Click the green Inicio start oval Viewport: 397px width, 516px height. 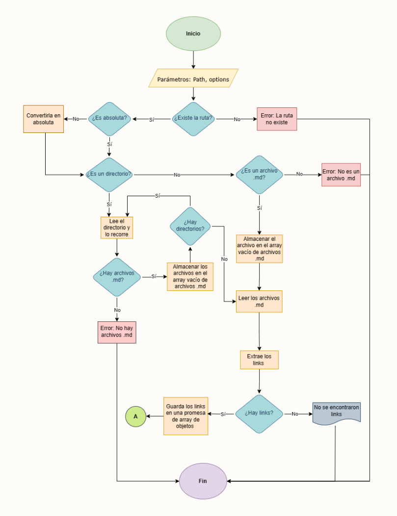[193, 34]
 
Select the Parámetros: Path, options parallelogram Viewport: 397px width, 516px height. [193, 78]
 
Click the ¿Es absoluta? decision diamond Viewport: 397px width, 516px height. [109, 119]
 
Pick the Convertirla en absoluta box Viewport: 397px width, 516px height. [44, 119]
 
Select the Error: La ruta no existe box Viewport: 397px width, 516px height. [277, 119]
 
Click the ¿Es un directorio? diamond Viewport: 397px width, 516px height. [109, 175]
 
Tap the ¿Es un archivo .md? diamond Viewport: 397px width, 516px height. [259, 175]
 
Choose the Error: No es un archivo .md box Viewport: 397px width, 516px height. [341, 175]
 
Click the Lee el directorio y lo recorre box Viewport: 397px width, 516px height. [117, 228]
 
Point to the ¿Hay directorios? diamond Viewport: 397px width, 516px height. [190, 226]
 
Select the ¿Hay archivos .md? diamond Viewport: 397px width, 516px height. [117, 277]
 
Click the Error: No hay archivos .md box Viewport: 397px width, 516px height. [117, 332]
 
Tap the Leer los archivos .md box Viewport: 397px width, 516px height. [259, 301]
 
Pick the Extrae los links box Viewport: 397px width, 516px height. [259, 360]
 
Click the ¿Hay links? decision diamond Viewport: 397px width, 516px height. [259, 413]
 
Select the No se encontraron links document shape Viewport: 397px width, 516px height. [337, 413]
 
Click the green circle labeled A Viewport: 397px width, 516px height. [136, 416]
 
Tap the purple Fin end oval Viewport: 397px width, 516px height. [203, 481]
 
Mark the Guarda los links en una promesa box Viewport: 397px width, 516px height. [185, 416]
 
